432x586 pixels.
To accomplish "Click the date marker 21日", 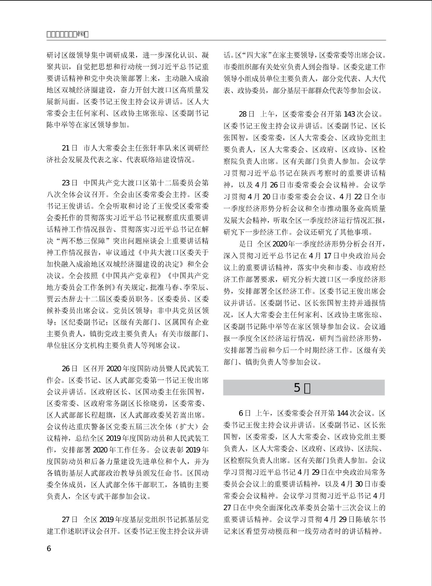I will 70,148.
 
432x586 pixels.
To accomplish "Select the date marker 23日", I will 70,183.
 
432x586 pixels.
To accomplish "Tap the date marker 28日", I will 247,114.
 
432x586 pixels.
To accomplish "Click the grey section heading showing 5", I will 304,388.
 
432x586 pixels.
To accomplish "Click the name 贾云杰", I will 58,299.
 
